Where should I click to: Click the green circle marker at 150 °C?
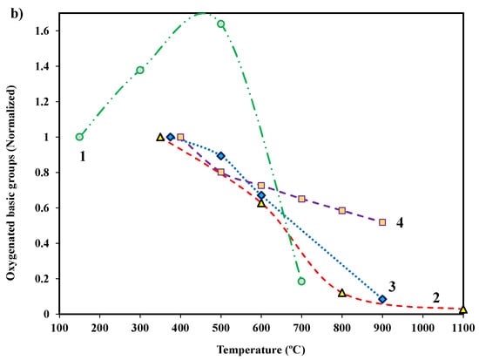[79, 137]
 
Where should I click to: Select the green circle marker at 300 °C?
[139, 70]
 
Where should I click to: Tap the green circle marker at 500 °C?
[220, 24]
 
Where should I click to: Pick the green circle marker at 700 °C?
[301, 281]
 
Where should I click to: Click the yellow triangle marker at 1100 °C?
[463, 309]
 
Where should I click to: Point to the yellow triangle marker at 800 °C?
[342, 293]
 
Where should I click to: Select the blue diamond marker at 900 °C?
[382, 299]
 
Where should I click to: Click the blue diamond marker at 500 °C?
[220, 155]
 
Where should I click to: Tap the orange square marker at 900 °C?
[382, 222]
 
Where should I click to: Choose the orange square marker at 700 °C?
[301, 199]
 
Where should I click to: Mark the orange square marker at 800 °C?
[342, 211]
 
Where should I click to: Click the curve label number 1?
[82, 157]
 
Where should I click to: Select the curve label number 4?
[399, 223]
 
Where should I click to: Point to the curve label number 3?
[393, 286]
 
